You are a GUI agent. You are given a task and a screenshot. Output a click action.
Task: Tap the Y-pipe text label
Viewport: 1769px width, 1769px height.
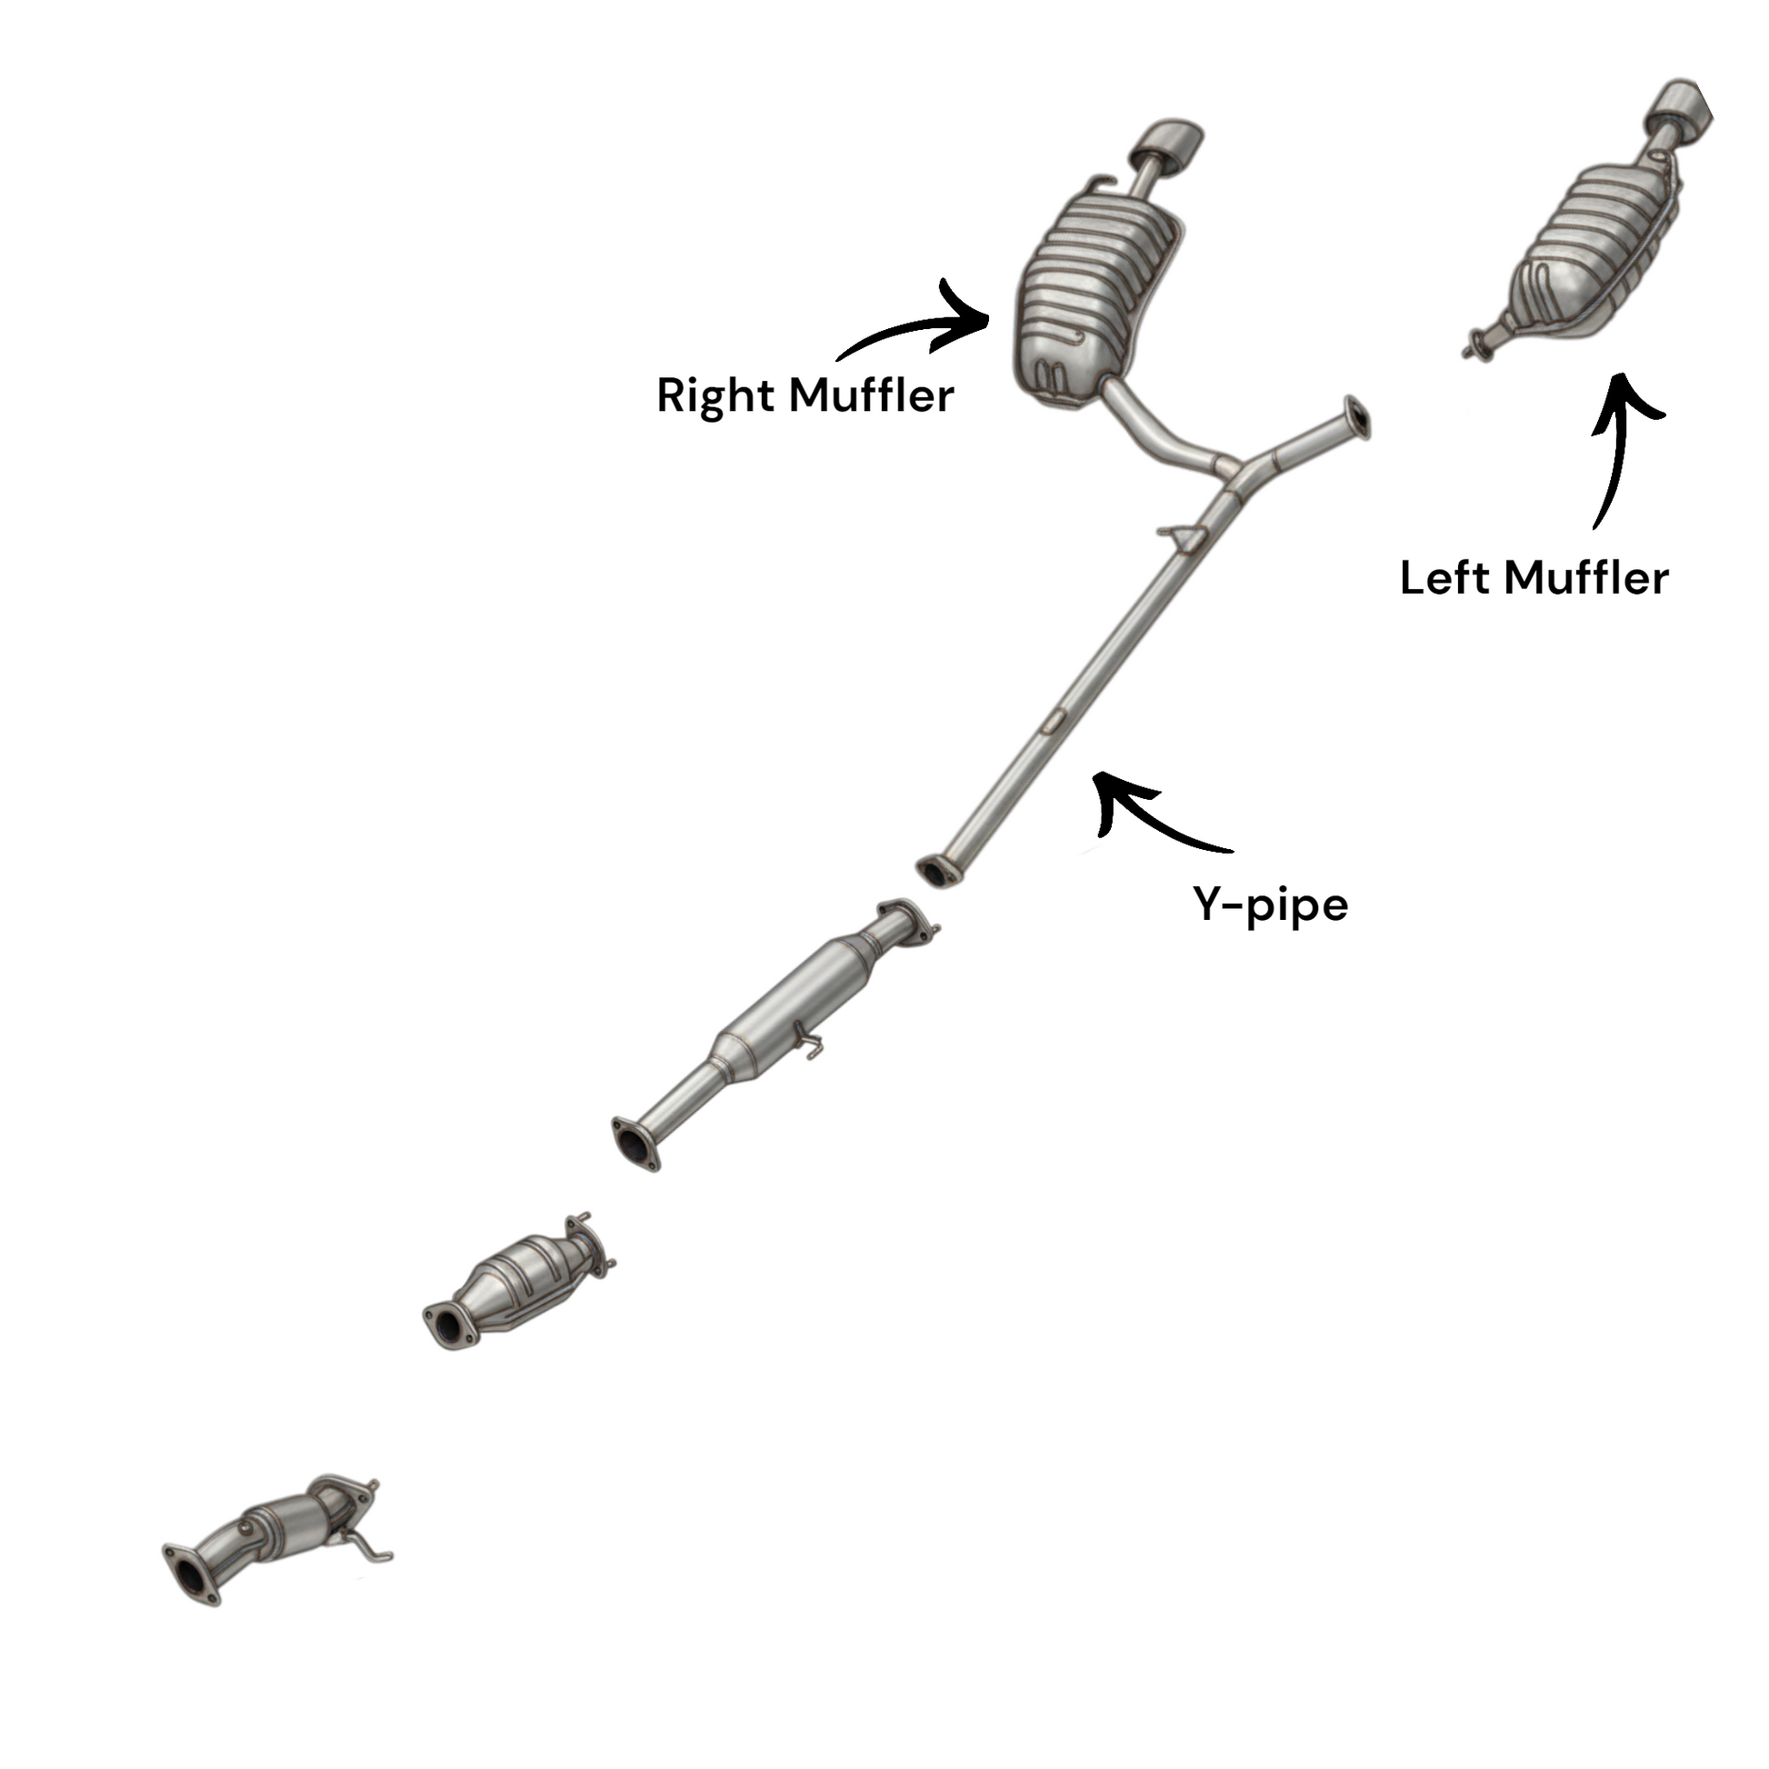pos(1270,904)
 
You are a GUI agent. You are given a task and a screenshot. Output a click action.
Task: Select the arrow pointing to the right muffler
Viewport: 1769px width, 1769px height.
pos(924,328)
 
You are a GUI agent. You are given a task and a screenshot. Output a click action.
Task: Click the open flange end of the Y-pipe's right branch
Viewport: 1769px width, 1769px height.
pos(1357,417)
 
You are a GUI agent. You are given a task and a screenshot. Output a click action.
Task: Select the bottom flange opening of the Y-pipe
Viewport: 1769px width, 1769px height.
pos(935,871)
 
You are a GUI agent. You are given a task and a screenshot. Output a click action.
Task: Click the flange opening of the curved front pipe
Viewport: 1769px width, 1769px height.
pos(191,1574)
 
